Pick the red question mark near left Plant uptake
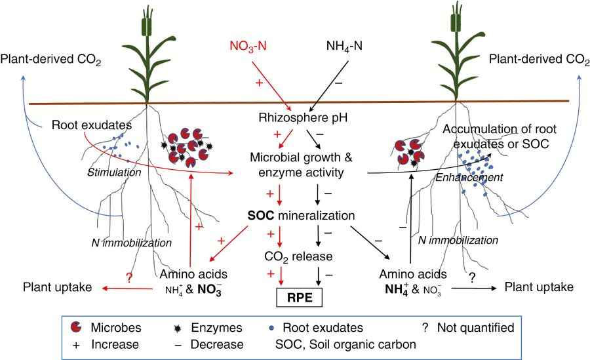pos(129,277)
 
